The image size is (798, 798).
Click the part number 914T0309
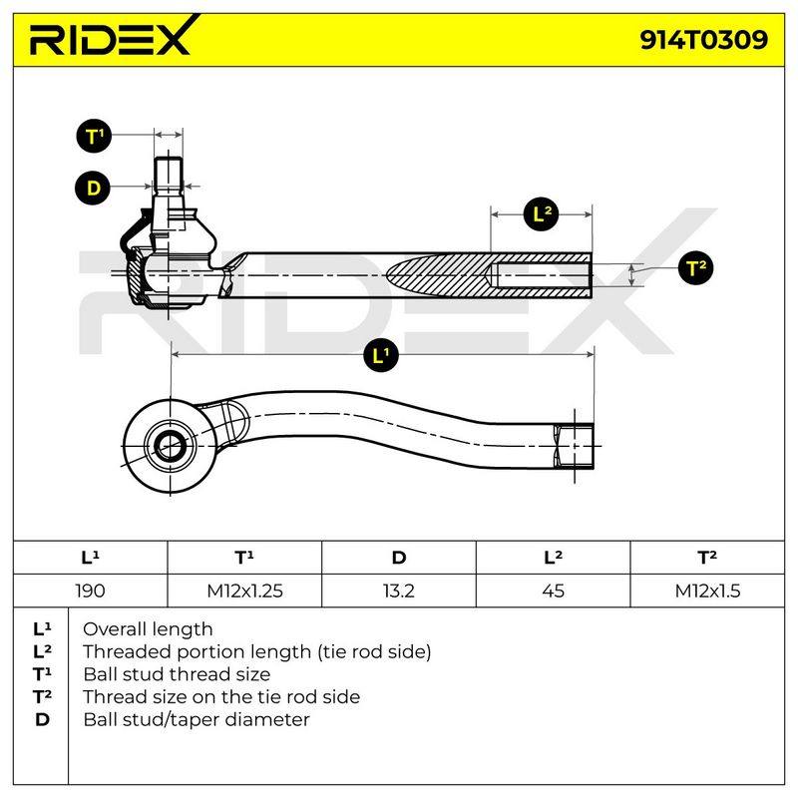[x=703, y=40]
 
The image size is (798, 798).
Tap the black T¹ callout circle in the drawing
[x=94, y=137]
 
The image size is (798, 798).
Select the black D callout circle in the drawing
[x=93, y=188]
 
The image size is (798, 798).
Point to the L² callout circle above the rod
[x=541, y=214]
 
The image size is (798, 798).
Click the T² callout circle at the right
[x=695, y=267]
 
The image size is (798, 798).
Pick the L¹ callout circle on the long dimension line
[x=381, y=355]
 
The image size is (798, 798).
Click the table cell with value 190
[x=90, y=591]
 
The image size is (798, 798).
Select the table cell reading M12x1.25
[x=244, y=591]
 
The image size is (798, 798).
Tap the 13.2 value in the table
[x=398, y=591]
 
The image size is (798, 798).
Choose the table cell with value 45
[x=554, y=591]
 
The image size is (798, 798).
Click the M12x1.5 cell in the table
[x=707, y=591]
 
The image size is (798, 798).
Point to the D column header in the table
[x=398, y=558]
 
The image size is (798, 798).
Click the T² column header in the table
[x=707, y=558]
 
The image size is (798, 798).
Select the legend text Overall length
[x=148, y=629]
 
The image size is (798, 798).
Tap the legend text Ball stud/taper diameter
[x=197, y=719]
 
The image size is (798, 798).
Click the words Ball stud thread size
[x=177, y=674]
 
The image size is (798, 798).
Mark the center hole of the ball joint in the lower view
[x=170, y=446]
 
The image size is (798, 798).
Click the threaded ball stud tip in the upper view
[x=169, y=174]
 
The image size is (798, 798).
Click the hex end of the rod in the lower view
[x=574, y=446]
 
